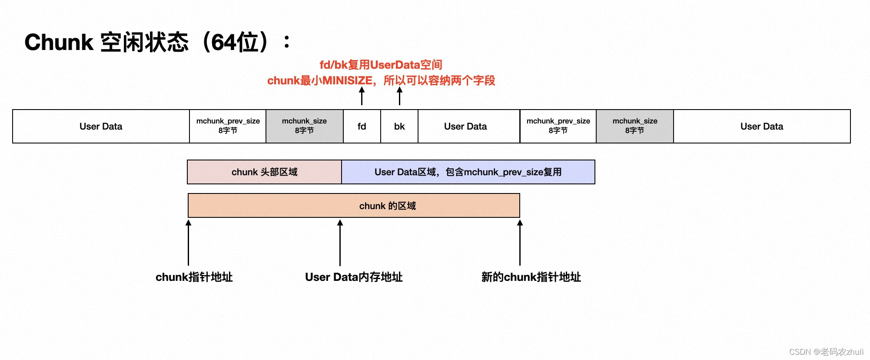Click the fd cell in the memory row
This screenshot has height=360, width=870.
coord(362,127)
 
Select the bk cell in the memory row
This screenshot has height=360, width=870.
coord(399,127)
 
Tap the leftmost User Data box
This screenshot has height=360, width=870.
coord(101,127)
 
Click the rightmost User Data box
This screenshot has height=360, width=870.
coord(761,127)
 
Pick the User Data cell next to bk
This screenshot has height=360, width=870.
coord(465,127)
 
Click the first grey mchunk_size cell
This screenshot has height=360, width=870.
coord(304,126)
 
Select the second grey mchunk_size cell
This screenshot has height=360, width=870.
coord(634,126)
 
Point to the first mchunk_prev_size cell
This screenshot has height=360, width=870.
coord(228,126)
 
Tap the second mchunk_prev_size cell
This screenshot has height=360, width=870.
coord(558,126)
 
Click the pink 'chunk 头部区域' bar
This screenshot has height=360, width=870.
coord(264,172)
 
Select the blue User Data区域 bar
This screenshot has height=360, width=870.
coord(468,172)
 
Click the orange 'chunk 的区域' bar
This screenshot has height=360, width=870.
coord(354,206)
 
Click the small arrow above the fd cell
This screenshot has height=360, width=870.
coord(362,96)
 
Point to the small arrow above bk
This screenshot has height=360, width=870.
coord(399,96)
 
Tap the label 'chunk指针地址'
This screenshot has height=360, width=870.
coord(194,277)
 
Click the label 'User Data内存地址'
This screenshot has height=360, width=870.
coord(354,277)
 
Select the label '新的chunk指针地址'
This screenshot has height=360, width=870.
coord(531,277)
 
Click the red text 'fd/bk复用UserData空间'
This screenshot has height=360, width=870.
coord(381,65)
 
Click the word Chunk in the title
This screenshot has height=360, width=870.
coord(59,43)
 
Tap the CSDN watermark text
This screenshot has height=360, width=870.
coord(826,352)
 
